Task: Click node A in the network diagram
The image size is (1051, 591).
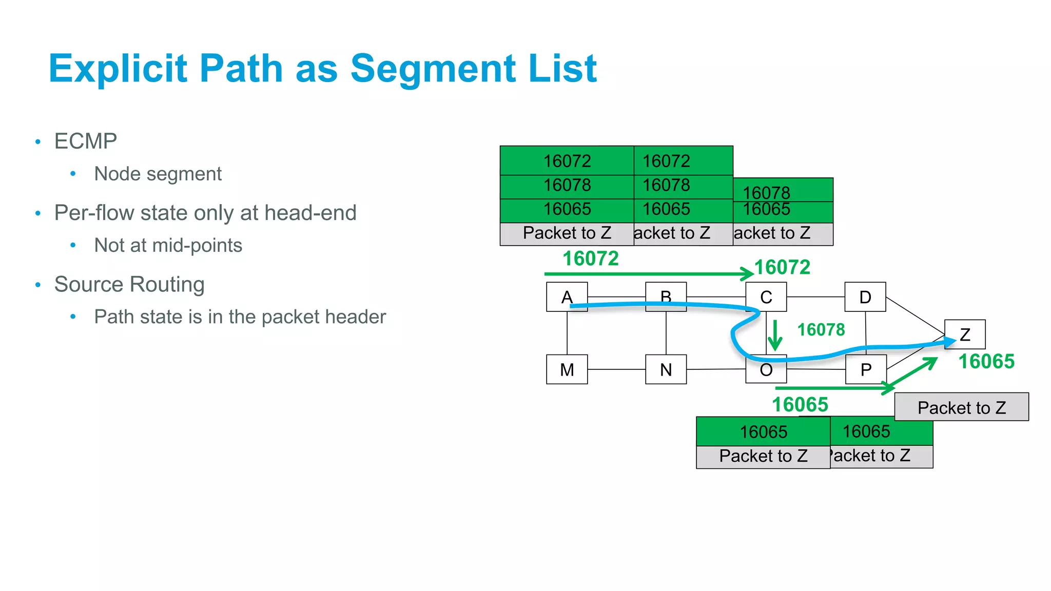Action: click(x=567, y=297)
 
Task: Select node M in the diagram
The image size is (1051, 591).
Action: click(x=567, y=369)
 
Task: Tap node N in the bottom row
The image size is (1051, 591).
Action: click(x=666, y=369)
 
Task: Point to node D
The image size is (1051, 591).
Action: click(x=865, y=297)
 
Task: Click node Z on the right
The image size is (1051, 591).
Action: click(x=965, y=334)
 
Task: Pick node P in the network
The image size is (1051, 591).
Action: click(x=866, y=369)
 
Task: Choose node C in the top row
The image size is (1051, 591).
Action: click(x=766, y=297)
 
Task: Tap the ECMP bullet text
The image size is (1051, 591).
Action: click(x=86, y=141)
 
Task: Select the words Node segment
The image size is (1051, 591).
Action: click(x=158, y=174)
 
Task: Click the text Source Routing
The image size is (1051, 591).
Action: click(x=129, y=284)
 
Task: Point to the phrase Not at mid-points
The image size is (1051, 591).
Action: click(x=168, y=245)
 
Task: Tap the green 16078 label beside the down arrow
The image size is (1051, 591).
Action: click(x=821, y=329)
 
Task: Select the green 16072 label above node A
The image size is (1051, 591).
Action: click(x=591, y=259)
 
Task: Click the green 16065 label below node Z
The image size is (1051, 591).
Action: click(x=986, y=362)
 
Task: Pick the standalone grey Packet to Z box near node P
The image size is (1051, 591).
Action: click(x=961, y=407)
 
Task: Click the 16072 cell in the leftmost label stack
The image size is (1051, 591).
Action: click(x=567, y=161)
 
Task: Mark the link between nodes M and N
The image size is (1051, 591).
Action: click(x=616, y=369)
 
